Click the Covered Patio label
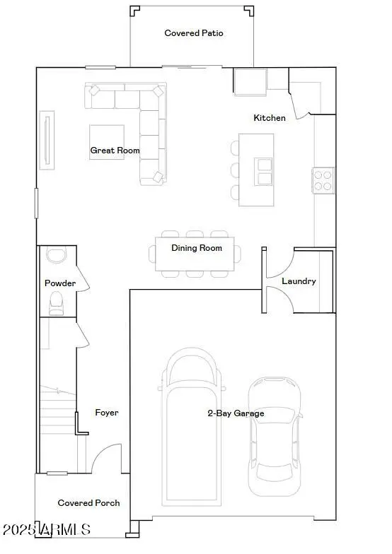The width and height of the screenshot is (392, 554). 194,33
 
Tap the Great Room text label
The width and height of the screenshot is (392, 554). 115,151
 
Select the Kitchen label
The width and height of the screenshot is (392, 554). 270,118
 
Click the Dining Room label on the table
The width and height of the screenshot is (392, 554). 197,248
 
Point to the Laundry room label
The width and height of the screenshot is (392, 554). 299,281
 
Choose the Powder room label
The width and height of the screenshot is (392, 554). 60,283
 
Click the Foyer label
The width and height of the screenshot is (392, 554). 107,413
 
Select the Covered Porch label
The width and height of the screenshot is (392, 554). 88,503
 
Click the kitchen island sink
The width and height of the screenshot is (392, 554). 263,170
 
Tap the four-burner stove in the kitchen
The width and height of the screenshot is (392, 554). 323,179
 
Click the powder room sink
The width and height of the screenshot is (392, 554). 55,255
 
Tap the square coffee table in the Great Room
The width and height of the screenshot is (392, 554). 106,141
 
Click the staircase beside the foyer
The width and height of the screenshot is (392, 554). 57,424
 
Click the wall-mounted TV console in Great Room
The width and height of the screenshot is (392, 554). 47,136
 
